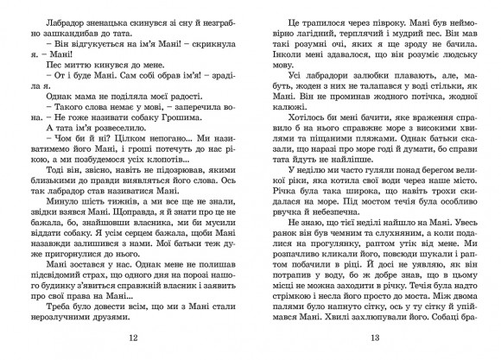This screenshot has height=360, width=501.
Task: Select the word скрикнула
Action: point(202,41)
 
